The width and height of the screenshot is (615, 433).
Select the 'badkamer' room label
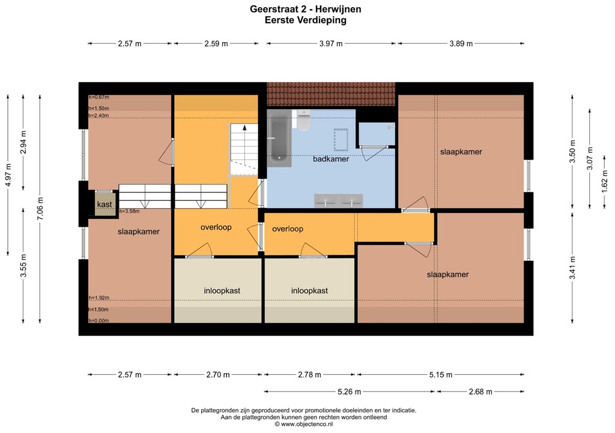point(331,159)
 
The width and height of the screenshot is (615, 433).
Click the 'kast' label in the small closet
point(105,205)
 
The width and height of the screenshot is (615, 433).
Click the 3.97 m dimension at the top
point(331,44)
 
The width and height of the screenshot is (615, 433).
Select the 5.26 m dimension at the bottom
point(350,392)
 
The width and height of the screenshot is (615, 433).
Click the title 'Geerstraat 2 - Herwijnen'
point(305,10)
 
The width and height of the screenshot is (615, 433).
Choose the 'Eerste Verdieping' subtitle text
point(305,20)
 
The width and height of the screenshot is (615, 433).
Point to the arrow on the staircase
point(244,127)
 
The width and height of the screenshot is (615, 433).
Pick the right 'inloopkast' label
point(309,290)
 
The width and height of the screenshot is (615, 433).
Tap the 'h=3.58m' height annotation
point(129,211)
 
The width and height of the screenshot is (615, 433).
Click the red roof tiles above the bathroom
point(331,93)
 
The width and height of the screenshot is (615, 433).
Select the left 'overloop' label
point(216,228)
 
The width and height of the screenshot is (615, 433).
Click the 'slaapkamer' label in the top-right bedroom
point(461,152)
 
